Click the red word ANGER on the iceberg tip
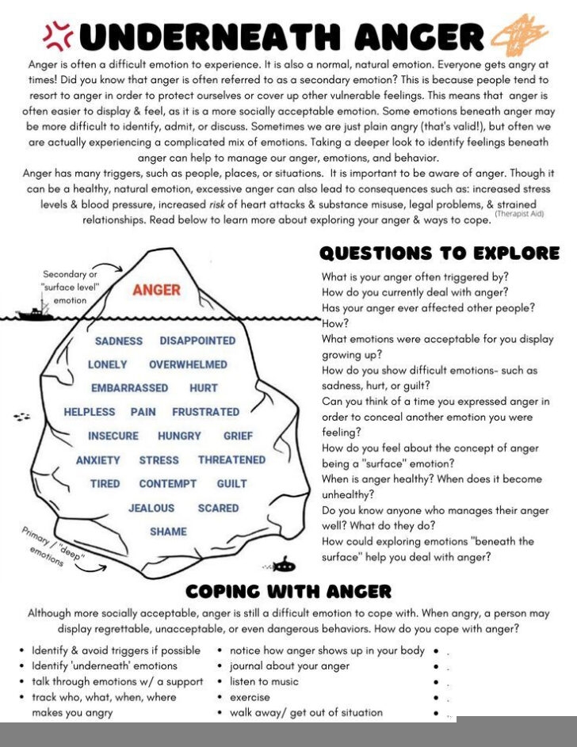[156, 291]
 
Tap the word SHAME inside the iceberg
[168, 532]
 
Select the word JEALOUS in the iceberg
[151, 508]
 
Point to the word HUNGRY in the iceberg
[180, 436]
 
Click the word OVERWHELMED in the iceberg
[188, 364]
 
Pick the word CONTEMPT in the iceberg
[168, 483]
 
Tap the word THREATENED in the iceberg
[231, 459]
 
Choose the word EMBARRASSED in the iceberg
[129, 388]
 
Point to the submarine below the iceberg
[283, 565]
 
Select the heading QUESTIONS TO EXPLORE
[439, 253]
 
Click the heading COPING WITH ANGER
[288, 591]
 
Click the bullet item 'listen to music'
[264, 681]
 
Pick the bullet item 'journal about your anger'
[289, 665]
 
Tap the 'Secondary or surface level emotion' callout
[71, 288]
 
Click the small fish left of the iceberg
[22, 416]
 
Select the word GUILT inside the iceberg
[231, 483]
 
